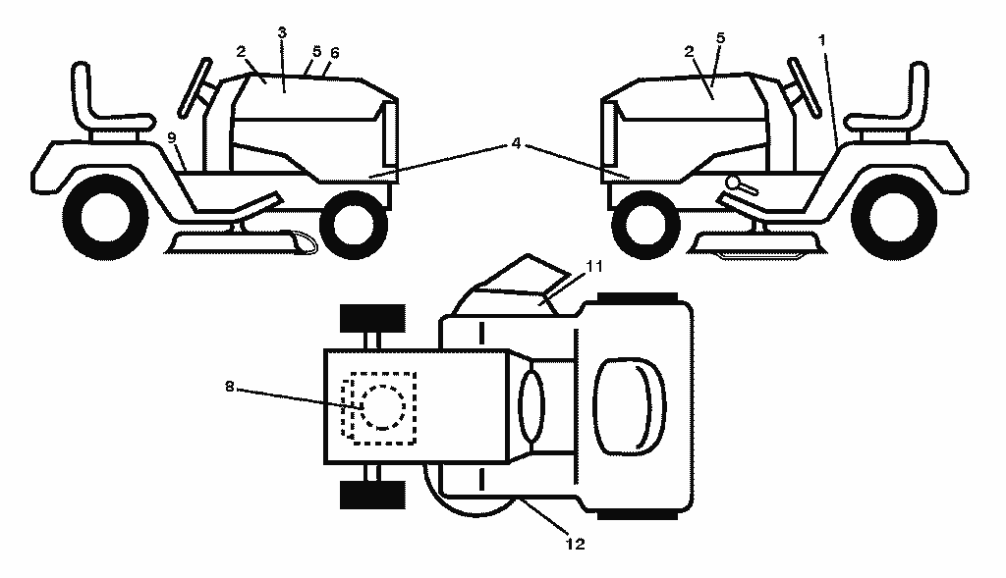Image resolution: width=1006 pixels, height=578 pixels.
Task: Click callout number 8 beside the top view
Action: pyautogui.click(x=230, y=387)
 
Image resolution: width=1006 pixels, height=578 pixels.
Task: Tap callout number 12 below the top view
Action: pyautogui.click(x=576, y=544)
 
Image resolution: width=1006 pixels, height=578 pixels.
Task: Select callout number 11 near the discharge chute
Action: pyautogui.click(x=594, y=266)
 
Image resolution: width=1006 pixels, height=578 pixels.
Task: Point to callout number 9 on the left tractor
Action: pyautogui.click(x=171, y=137)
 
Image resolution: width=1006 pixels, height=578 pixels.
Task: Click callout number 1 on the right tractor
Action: pyautogui.click(x=822, y=40)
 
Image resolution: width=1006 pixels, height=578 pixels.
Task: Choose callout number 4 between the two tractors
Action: pyautogui.click(x=517, y=143)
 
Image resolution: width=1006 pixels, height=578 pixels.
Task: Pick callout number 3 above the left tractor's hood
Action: pyautogui.click(x=282, y=32)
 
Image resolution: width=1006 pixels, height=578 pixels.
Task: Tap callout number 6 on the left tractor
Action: pyautogui.click(x=334, y=53)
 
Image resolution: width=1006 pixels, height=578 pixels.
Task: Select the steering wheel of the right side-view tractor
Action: pyautogui.click(x=804, y=87)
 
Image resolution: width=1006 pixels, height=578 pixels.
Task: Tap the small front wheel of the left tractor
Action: pyautogui.click(x=354, y=225)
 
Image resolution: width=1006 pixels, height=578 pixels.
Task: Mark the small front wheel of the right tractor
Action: pyautogui.click(x=646, y=225)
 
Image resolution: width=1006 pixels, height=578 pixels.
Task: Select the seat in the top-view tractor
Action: pyautogui.click(x=630, y=407)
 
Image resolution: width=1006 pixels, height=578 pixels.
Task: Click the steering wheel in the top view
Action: pyautogui.click(x=531, y=407)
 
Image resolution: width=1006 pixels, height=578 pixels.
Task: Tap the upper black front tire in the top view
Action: pyautogui.click(x=372, y=319)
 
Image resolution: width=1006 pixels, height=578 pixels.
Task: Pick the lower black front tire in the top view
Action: pyautogui.click(x=372, y=495)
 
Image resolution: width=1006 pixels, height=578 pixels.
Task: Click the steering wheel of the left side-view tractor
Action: pyautogui.click(x=196, y=87)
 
